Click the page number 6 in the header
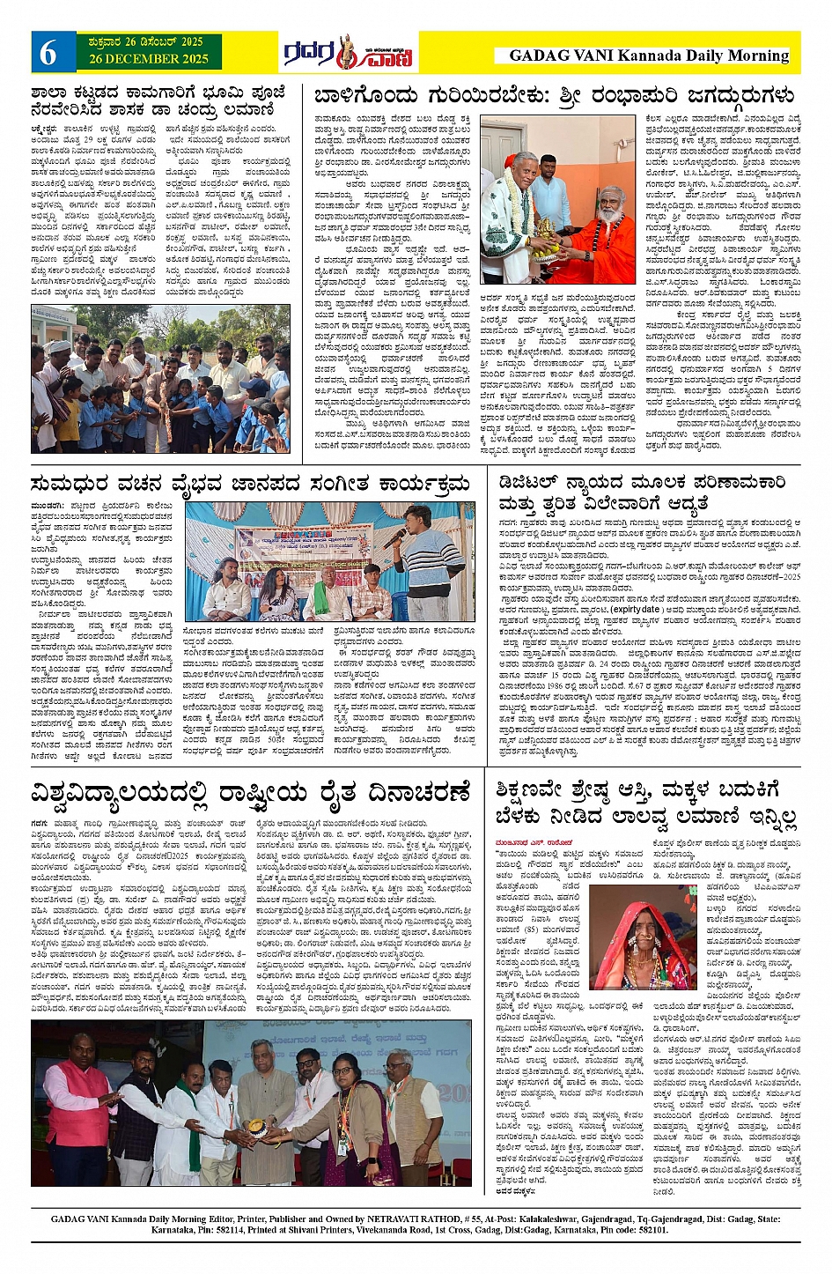(x=48, y=53)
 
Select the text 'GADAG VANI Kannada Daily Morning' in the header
(x=649, y=56)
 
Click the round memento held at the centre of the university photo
(x=254, y=1128)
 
